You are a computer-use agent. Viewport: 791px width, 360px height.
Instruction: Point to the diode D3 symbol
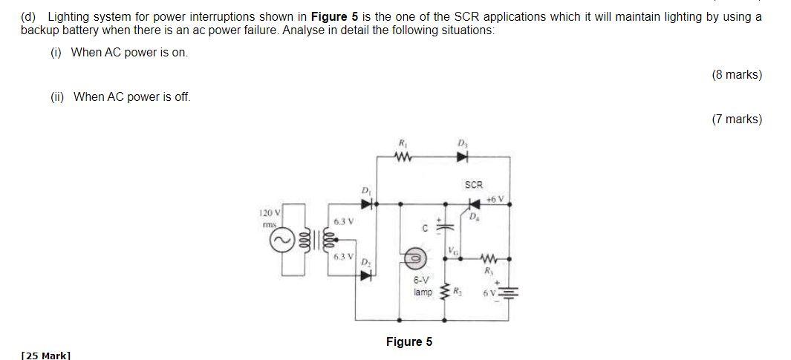point(463,157)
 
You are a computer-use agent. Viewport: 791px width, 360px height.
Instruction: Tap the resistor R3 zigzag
point(488,259)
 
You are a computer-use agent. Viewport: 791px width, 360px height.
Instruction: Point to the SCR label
point(473,184)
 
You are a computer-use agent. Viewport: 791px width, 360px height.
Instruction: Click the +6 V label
point(495,199)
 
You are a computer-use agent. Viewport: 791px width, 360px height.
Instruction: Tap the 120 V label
point(268,213)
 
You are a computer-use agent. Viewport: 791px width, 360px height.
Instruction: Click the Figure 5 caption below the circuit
point(408,341)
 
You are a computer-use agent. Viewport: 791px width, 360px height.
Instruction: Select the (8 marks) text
point(736,74)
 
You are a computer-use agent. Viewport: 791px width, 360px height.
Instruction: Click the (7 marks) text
point(736,119)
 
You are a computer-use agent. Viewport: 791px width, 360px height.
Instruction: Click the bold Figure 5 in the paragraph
point(335,16)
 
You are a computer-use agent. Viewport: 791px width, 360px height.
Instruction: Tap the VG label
point(452,250)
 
